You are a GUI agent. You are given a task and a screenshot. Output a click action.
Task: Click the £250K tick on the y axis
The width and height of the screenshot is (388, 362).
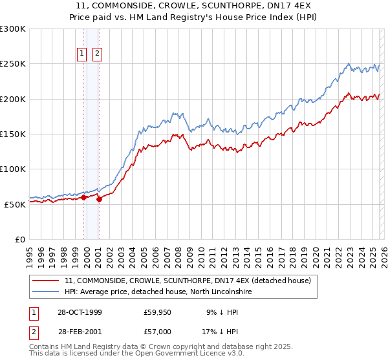coord(14,64)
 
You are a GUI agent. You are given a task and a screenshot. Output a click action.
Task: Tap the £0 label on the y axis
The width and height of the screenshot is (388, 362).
coord(20,239)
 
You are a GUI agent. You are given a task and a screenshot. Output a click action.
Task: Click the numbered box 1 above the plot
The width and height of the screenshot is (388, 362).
coord(83,54)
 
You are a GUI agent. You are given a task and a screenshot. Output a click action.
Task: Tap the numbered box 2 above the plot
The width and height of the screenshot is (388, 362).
coord(97,54)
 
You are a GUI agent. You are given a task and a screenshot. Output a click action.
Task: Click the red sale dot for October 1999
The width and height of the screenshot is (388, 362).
coord(84,197)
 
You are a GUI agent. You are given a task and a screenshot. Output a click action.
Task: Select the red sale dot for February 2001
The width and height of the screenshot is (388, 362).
coord(99,200)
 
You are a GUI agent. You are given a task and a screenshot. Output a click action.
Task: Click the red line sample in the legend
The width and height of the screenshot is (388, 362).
coord(45,281)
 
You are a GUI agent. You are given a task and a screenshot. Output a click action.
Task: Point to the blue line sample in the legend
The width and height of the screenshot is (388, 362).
coord(45,292)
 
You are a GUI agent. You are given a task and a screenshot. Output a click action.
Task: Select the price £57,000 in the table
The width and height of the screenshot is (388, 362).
coord(157,331)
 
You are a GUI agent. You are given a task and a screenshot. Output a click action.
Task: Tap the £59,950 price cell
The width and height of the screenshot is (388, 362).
coord(157,312)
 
